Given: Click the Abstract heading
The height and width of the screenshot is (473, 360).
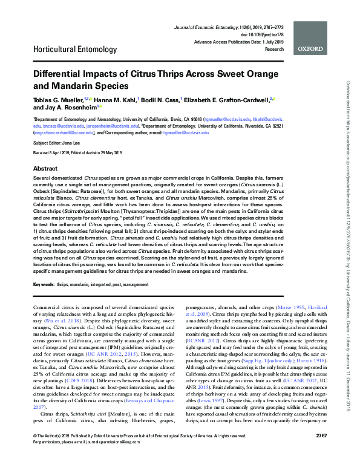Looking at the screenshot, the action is tap(45, 168).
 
